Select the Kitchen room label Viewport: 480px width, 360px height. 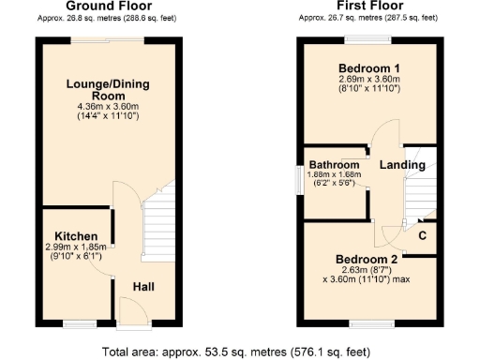(71, 235)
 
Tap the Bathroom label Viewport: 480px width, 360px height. (336, 164)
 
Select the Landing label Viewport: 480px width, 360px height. (402, 165)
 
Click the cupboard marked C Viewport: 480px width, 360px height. (422, 235)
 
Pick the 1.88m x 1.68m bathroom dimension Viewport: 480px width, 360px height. (336, 175)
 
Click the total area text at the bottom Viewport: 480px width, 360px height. (240, 352)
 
